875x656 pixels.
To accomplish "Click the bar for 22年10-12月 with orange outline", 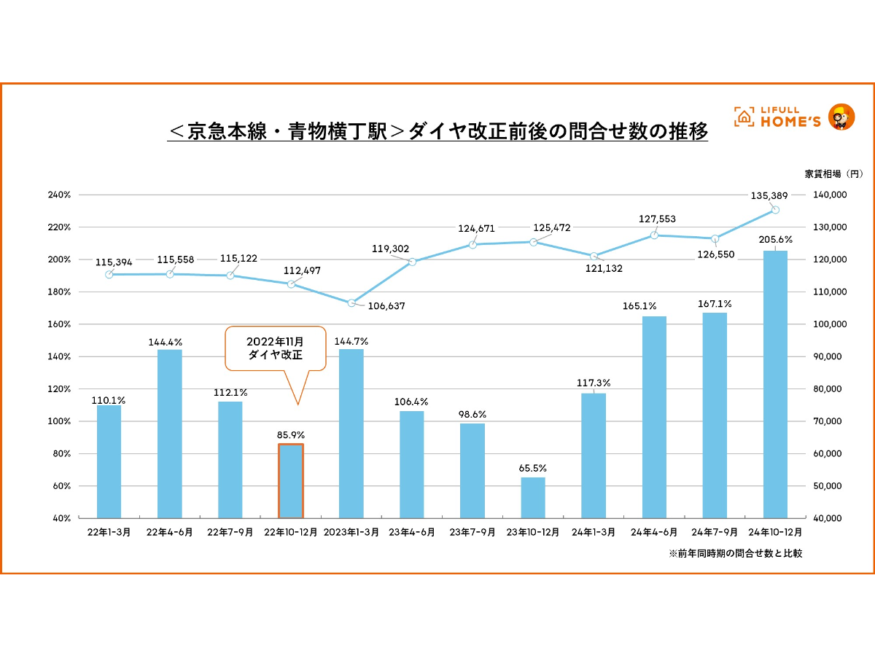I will point(291,481).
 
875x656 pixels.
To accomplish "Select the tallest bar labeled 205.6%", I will point(775,384).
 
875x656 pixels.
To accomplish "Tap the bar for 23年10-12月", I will point(533,498).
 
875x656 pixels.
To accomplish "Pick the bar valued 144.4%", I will point(170,434).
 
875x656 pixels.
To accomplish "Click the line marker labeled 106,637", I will point(351,302).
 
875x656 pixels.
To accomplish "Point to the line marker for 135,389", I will point(775,210).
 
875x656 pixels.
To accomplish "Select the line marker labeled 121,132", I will point(594,256).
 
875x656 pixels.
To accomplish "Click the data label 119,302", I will point(391,249).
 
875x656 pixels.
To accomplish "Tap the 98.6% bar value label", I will point(472,414).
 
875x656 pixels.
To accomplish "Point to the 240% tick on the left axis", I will point(59,195).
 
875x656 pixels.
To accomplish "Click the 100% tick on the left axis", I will point(59,421).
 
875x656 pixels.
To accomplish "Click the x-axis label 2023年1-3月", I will point(351,533).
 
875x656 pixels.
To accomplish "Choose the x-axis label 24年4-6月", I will point(654,533).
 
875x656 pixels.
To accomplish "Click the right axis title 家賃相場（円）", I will point(833,173).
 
